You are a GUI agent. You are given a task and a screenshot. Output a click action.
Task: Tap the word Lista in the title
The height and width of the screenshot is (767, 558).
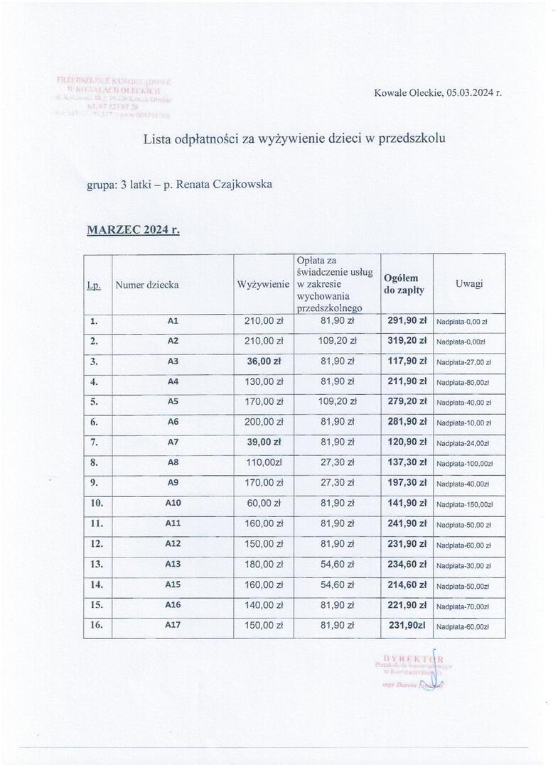click(158, 138)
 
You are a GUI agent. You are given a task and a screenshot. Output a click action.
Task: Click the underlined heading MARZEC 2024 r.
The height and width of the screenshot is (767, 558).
click(133, 229)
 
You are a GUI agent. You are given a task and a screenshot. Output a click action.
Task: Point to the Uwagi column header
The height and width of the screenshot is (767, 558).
click(469, 283)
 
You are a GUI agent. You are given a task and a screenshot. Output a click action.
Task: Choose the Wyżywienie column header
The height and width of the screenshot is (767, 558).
click(263, 284)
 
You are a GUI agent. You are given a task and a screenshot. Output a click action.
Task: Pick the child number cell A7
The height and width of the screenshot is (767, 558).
click(172, 442)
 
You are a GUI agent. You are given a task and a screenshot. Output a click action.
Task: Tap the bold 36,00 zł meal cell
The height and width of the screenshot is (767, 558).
click(264, 361)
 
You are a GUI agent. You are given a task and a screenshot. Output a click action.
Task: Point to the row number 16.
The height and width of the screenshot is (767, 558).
click(97, 626)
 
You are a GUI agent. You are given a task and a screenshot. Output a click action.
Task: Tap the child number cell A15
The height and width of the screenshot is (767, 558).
click(173, 585)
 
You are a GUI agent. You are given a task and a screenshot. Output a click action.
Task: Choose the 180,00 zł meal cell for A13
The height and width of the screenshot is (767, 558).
click(264, 565)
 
